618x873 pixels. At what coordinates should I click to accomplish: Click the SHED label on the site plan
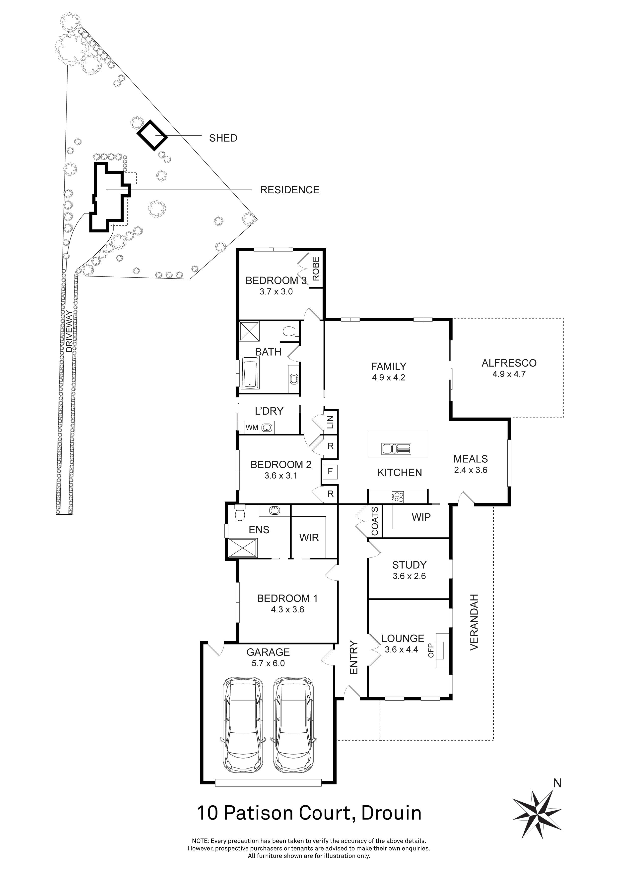click(223, 138)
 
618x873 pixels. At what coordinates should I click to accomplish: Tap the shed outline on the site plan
click(152, 135)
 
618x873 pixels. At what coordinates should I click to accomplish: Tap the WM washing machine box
click(252, 427)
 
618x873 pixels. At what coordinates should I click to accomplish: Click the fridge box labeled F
click(330, 472)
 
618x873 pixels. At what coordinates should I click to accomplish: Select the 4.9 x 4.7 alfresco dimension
click(509, 374)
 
